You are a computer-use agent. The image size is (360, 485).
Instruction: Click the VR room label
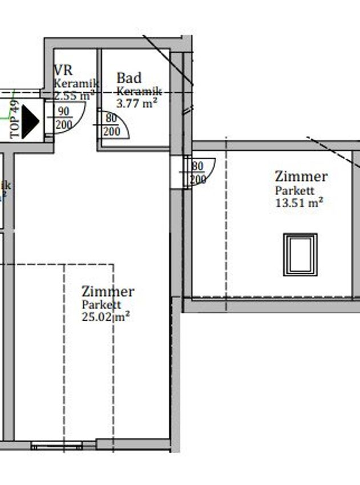[63, 71]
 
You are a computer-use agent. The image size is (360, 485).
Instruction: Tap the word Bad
[129, 78]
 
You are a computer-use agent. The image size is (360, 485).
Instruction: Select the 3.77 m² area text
[137, 103]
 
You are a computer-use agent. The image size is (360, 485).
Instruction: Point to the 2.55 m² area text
[74, 96]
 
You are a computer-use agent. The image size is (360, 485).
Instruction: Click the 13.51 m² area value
[300, 201]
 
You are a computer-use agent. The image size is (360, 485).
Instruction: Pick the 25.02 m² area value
[105, 317]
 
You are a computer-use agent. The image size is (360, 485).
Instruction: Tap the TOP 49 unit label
[15, 120]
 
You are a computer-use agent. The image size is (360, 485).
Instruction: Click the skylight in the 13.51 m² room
[300, 254]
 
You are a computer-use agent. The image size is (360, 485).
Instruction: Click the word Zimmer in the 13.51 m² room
[301, 177]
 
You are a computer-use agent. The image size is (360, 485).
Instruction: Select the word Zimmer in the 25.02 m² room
[108, 292]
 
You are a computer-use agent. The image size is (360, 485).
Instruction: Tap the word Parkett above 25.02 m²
[101, 305]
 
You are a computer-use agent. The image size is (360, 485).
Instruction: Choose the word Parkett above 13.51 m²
[294, 191]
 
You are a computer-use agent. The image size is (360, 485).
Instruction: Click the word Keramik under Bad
[139, 91]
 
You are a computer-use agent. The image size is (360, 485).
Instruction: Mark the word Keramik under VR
[76, 84]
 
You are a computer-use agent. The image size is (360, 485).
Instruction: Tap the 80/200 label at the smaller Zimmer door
[198, 173]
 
